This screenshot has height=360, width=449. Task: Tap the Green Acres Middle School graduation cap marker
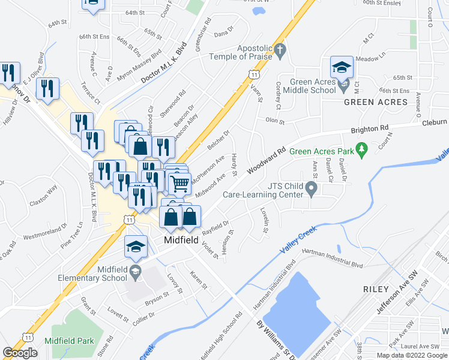click(342, 68)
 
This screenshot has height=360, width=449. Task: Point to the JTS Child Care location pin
click(311, 190)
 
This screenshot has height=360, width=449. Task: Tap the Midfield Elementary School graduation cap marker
click(136, 247)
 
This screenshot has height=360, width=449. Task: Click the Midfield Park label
click(73, 340)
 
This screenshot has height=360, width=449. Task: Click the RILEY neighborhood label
click(376, 289)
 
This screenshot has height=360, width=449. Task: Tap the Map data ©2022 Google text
click(411, 355)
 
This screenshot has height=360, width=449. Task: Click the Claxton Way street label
click(44, 196)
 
